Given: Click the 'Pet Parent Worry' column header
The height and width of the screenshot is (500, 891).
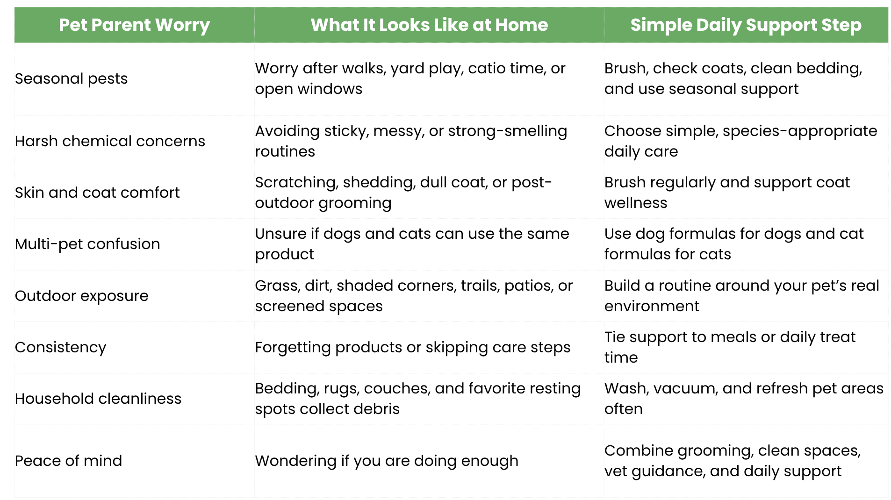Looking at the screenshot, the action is click(134, 25).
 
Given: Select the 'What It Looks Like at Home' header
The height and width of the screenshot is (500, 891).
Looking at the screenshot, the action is click(429, 25).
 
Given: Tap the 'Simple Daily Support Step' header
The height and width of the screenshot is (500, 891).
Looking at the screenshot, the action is click(746, 25).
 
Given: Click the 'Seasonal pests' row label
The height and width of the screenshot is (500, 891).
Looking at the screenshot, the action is click(71, 79).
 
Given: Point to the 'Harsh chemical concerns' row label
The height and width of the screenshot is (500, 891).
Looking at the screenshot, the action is click(110, 141).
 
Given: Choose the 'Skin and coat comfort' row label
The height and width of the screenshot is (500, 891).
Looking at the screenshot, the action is click(97, 193).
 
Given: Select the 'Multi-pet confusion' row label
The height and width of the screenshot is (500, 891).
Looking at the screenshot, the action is click(87, 244).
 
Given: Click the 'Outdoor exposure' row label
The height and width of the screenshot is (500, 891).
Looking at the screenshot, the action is click(82, 296).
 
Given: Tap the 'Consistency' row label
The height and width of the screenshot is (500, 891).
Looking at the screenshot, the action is click(61, 347).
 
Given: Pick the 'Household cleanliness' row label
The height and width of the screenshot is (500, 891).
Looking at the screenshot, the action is click(98, 399).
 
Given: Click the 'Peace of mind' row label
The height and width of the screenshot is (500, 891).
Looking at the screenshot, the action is click(68, 461).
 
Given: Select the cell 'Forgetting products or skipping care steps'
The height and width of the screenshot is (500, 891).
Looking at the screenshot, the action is click(413, 347).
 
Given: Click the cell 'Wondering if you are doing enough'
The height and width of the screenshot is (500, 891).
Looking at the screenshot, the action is click(387, 461).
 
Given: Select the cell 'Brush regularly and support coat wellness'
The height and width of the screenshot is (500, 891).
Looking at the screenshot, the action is click(727, 193).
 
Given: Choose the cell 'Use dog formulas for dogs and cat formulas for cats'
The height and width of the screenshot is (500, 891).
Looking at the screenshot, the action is click(734, 244).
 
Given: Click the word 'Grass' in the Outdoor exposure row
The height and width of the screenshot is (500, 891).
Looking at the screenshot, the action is click(276, 286).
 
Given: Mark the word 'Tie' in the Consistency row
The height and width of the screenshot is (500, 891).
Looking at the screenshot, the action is click(614, 337).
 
